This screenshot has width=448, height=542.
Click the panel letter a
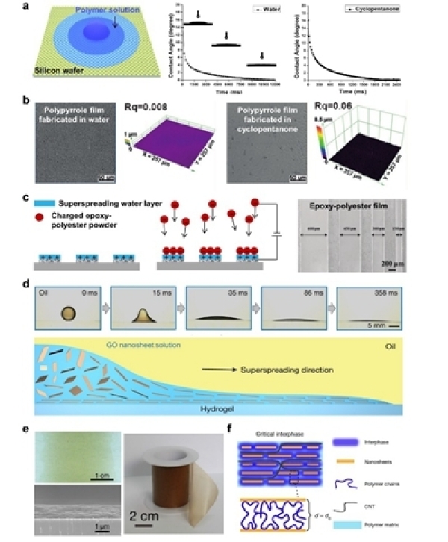click(x=28, y=7)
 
